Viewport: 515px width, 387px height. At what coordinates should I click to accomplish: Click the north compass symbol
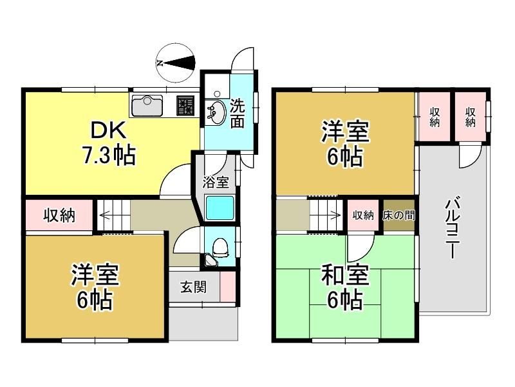point(175,63)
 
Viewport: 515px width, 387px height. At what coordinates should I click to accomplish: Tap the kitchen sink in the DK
point(147,105)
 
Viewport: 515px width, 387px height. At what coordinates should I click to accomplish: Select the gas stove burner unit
point(185,105)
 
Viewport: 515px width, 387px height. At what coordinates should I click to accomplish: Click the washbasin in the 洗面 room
point(216,112)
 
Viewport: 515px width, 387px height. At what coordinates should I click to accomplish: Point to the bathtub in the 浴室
point(220,208)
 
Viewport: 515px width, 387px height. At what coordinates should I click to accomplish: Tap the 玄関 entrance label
point(194,287)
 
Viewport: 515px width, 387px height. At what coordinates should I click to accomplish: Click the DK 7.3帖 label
point(108,143)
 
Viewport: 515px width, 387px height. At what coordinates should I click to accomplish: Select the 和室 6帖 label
point(345,288)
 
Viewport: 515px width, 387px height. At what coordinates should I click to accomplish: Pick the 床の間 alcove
point(398,215)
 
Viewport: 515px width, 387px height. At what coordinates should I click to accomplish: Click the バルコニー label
point(453,227)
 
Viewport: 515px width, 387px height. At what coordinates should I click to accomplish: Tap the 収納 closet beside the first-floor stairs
point(59,215)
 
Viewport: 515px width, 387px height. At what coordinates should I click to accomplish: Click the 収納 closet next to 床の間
point(363,215)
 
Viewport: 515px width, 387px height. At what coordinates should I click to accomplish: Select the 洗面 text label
point(237,114)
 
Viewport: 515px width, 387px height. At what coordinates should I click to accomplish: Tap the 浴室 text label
point(216,182)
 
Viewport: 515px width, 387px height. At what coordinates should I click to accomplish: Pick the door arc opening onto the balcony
point(471,157)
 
